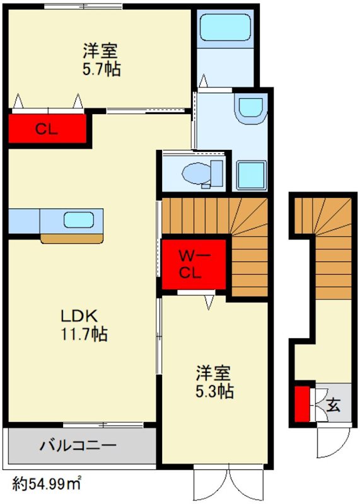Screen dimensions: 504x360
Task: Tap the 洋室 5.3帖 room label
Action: [x=214, y=382]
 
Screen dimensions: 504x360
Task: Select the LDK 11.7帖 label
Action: [x=83, y=325]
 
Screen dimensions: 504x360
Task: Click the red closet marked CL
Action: [x=47, y=130]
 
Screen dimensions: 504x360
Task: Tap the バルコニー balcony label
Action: [x=79, y=446]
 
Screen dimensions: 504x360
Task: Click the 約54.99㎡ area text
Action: [x=47, y=484]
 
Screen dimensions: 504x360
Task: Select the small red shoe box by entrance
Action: [x=303, y=403]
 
